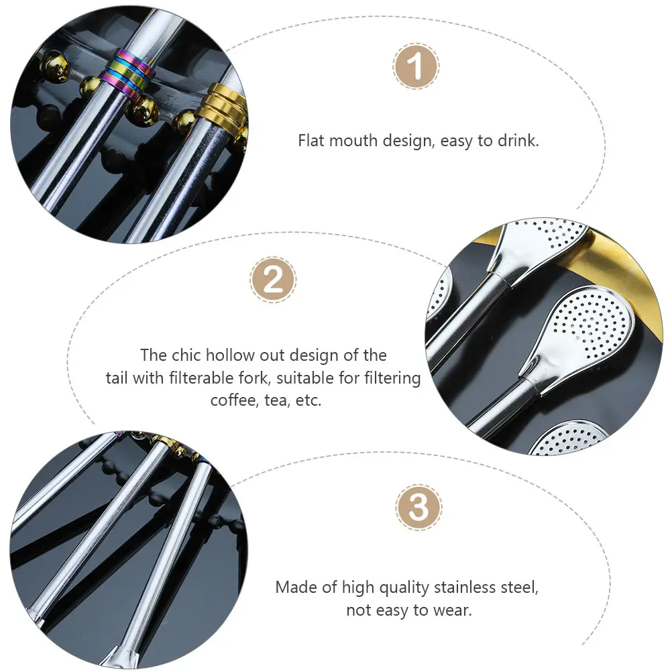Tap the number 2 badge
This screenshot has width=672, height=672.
point(273,279)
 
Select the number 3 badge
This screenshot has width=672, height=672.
point(418,508)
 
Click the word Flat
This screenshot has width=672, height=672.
point(313,142)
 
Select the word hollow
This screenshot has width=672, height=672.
point(229,355)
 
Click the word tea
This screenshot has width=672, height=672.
point(276,400)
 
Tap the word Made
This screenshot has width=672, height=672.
point(296,587)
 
